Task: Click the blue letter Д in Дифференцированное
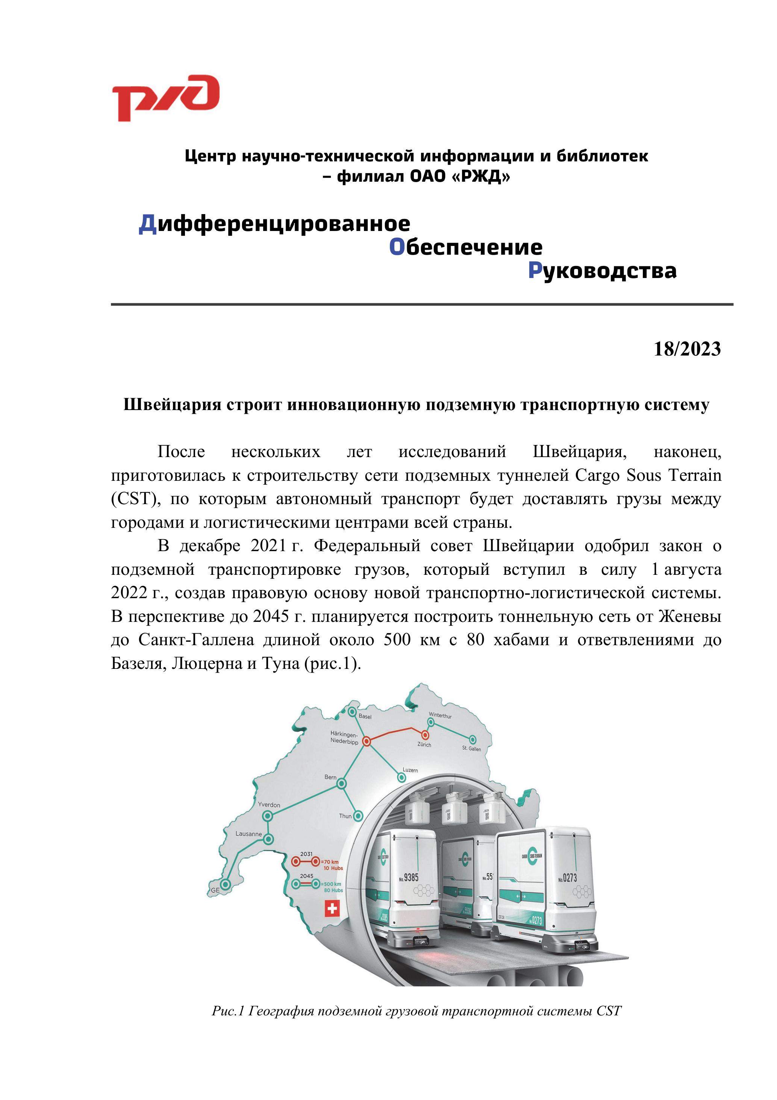[x=147, y=224]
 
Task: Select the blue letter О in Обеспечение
[x=397, y=247]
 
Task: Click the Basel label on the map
[x=365, y=717]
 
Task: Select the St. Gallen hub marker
[x=473, y=739]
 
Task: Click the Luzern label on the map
[x=410, y=770]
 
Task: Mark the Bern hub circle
[x=341, y=784]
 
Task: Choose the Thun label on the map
[x=345, y=816]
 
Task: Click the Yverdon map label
[x=269, y=804]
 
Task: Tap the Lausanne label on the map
[x=248, y=834]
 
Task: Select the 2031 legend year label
[x=306, y=854]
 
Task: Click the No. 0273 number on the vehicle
[x=567, y=878]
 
